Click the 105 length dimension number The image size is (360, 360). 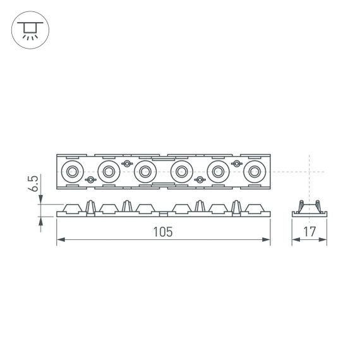(162, 232)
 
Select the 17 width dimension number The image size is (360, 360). (309, 232)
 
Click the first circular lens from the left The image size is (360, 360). (71, 171)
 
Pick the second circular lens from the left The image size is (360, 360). (108, 171)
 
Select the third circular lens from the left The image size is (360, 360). (145, 171)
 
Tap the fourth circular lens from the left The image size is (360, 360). (182, 171)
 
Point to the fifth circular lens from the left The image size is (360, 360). (219, 171)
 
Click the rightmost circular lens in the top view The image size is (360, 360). (255, 171)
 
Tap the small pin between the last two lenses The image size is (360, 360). (237, 164)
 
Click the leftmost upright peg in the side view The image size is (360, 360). (90, 207)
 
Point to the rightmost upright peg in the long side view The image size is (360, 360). (237, 207)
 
